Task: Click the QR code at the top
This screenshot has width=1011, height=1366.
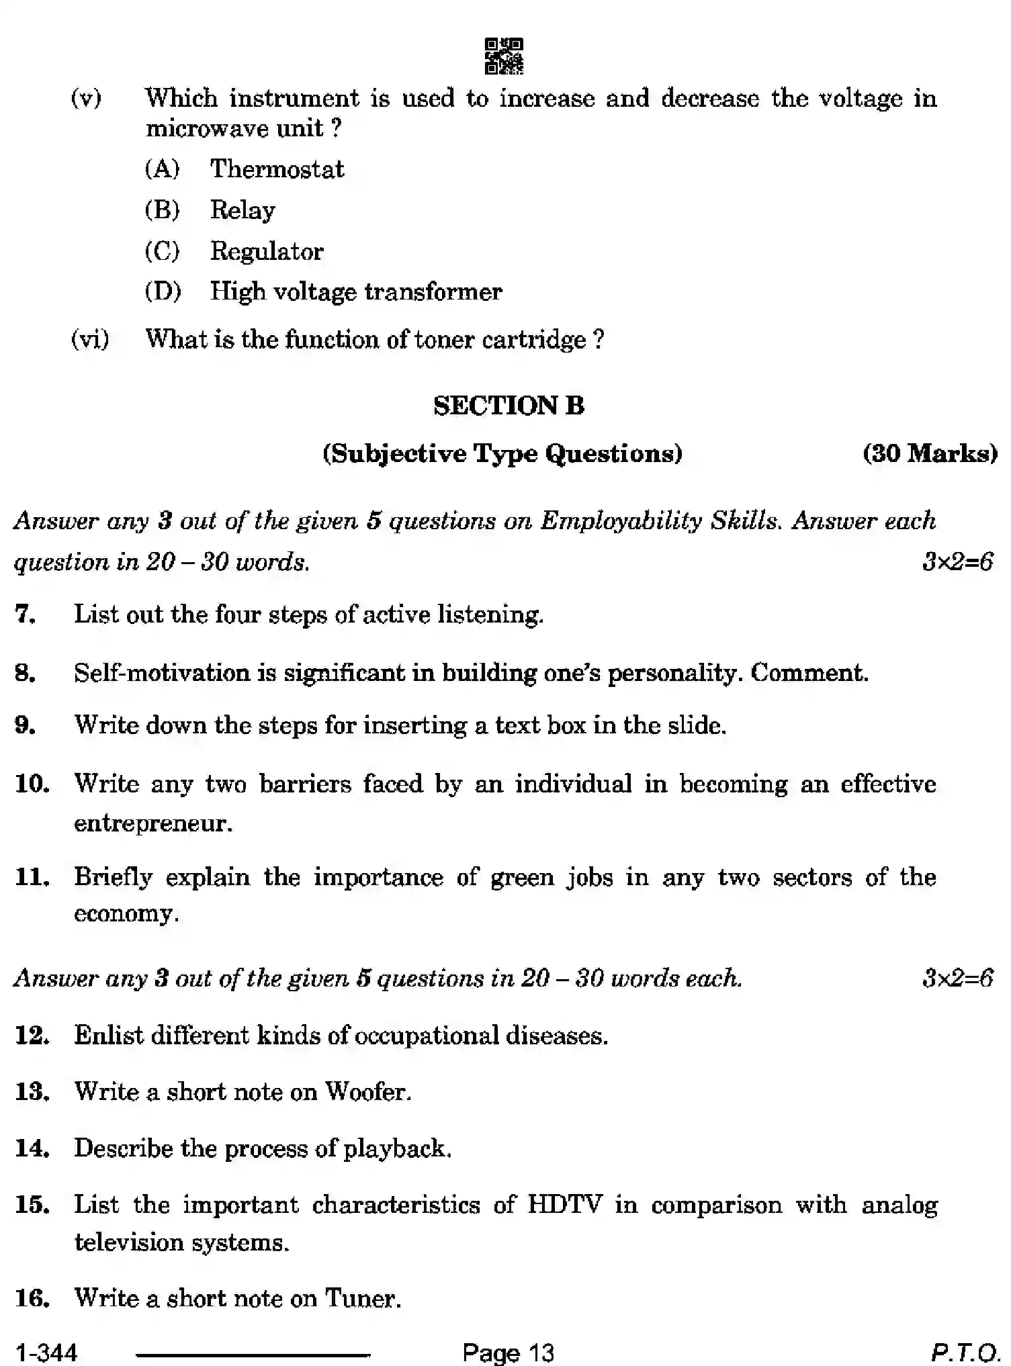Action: coord(504,56)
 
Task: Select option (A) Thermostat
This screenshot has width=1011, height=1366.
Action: coord(277,169)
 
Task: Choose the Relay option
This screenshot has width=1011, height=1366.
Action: coord(243,210)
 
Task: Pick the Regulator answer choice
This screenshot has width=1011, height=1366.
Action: coord(267,251)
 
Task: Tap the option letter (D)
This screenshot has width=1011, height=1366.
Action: coord(163,291)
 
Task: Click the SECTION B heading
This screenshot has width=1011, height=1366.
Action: coord(509,406)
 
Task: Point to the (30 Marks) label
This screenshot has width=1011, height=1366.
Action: coord(930,453)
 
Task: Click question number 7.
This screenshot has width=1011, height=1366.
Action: coord(25,614)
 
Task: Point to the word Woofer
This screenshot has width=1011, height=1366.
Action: coord(367,1092)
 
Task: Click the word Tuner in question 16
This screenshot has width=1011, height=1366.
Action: coord(362,1298)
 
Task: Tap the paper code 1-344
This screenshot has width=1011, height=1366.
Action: coord(47,1351)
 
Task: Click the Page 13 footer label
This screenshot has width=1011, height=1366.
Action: coord(509,1351)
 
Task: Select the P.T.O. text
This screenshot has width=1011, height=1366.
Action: coord(965,1351)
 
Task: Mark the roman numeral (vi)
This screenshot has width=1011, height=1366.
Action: coord(90,339)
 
